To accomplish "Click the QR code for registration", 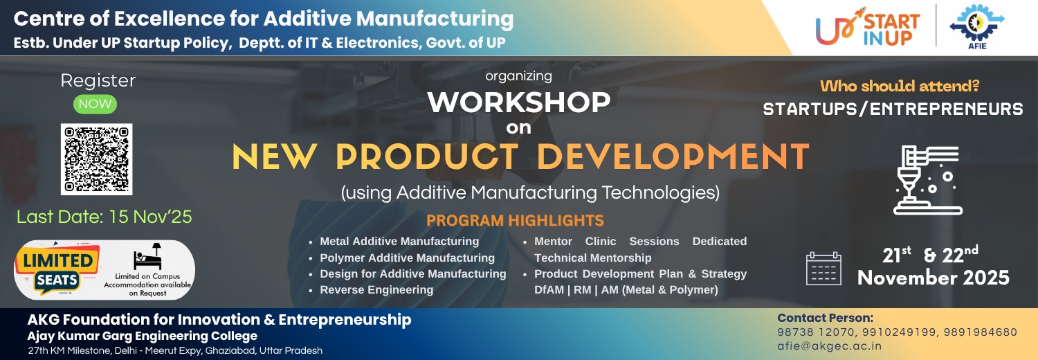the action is [96, 159].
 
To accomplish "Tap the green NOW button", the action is [95, 104].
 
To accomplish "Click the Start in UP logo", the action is [868, 27].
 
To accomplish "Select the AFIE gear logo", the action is [977, 26].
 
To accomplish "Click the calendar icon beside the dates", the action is [823, 268].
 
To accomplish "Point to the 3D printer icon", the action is [927, 180].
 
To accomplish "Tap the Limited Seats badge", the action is [57, 269].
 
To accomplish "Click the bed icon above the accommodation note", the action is [148, 256].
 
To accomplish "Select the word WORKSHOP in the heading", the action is [519, 102].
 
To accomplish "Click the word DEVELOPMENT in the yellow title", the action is [673, 156].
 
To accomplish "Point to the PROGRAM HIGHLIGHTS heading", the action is [515, 221].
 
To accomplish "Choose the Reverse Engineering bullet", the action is [376, 290].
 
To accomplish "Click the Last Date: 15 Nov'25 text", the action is [104, 217].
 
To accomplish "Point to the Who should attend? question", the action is [900, 86].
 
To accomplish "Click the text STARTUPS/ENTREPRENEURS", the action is [893, 109].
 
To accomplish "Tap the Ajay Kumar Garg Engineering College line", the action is [143, 336].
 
